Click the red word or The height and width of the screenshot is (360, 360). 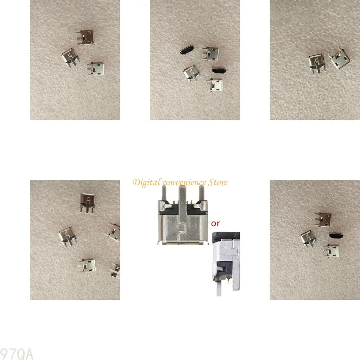pos(216,223)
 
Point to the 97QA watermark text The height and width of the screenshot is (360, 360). pos(17,353)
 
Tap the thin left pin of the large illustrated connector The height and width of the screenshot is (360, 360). pos(164,193)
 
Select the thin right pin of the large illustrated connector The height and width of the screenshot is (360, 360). pos(201,193)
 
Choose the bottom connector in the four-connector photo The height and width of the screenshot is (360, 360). pos(331,250)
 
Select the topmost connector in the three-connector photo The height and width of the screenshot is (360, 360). pos(84,37)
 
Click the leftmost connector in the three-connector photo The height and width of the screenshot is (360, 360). pos(70,56)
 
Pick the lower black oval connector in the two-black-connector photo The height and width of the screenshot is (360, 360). pos(219,71)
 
